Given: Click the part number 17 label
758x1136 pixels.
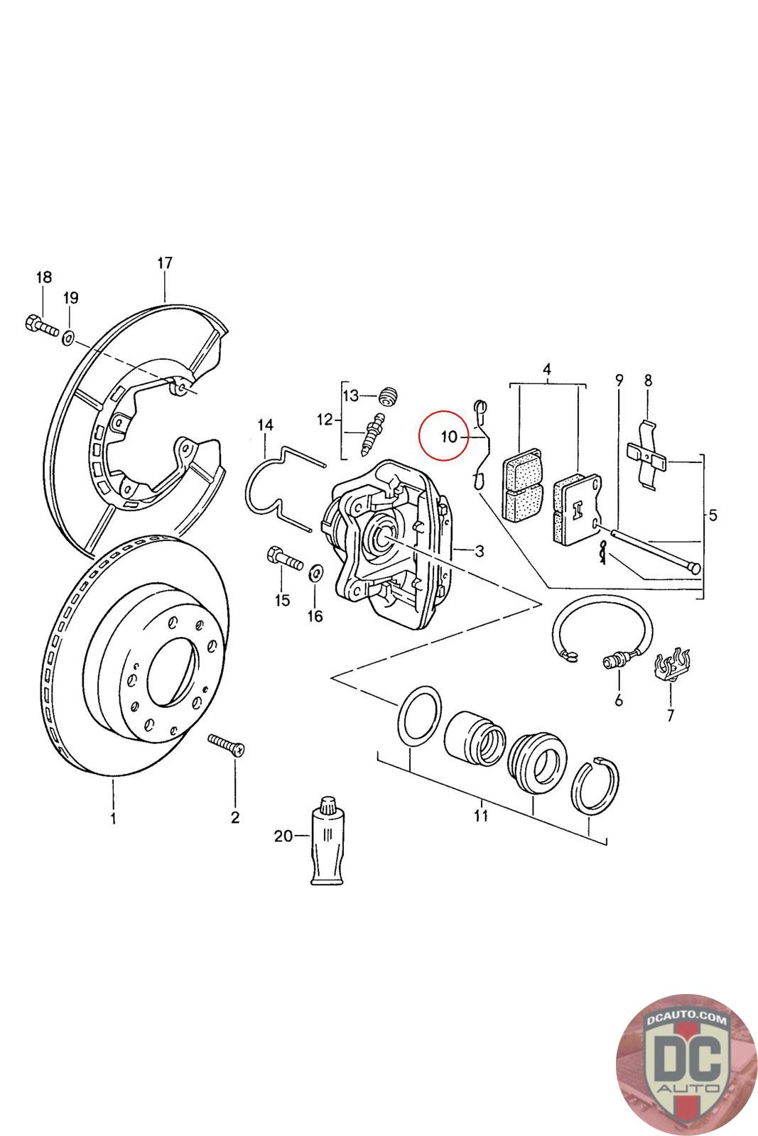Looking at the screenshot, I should pos(165,263).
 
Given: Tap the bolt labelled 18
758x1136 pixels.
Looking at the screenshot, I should pos(38,327).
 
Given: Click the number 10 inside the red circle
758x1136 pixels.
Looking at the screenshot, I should pos(450,436).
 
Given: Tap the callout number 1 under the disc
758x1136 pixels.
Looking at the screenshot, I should pos(113,819).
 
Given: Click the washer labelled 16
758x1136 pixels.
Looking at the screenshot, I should pos(316,572).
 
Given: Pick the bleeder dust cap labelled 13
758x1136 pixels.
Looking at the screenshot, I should pos(389,395).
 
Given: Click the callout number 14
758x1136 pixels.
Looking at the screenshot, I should pos(265,425).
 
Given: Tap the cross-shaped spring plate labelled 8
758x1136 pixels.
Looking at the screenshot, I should pos(647,454).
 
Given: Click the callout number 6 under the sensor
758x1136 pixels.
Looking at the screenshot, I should pos(619,701).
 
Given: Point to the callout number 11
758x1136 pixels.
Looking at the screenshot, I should pos(481,815).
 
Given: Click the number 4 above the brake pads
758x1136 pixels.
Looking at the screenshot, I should pos(547,369).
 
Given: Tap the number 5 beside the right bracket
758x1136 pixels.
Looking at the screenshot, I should pos(713,515).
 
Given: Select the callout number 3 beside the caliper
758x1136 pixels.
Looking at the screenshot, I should pos(480,550).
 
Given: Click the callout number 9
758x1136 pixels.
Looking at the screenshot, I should pos(619,379).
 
